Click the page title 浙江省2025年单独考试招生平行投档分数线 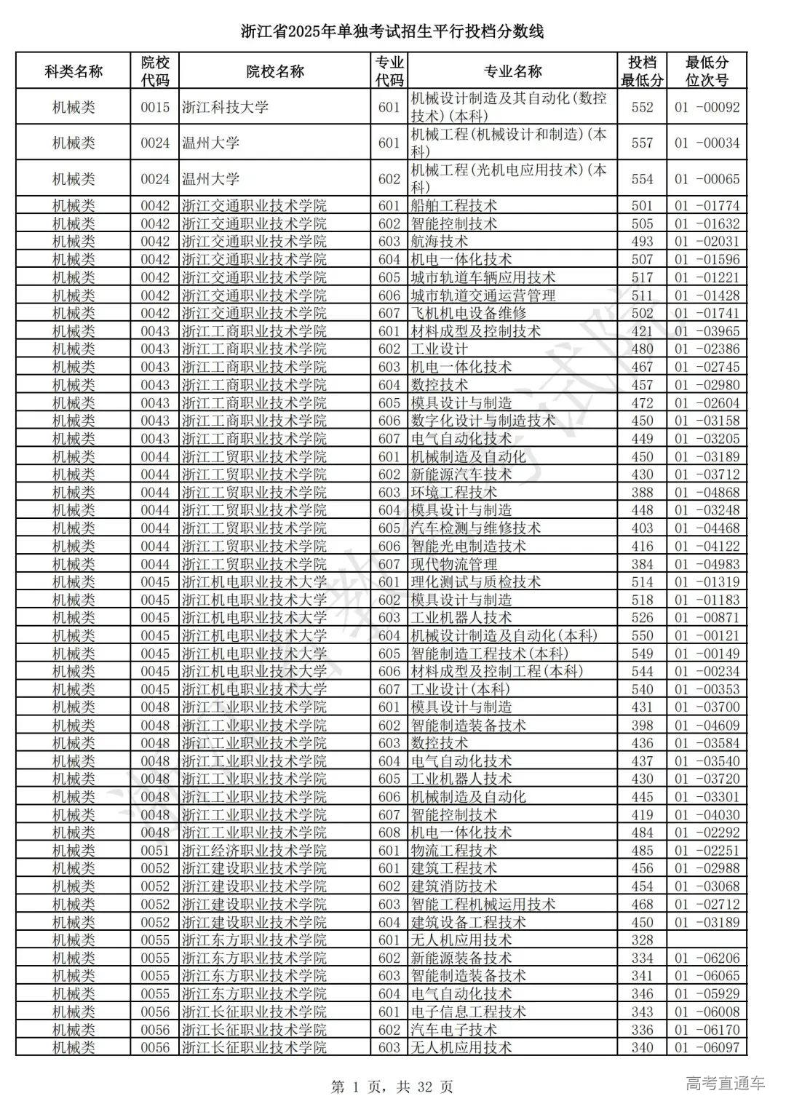392,32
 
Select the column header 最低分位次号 706,71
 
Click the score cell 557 642,143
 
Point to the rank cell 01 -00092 706,108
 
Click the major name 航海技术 439,242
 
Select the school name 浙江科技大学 225,108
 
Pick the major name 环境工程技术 453,492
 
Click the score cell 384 642,564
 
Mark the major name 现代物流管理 453,564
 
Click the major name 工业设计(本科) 460,689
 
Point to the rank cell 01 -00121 706,635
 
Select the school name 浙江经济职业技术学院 254,851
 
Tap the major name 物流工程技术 453,851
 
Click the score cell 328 642,940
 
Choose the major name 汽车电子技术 453,1030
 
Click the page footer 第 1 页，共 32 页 392,1087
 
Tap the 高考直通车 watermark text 726,1083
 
